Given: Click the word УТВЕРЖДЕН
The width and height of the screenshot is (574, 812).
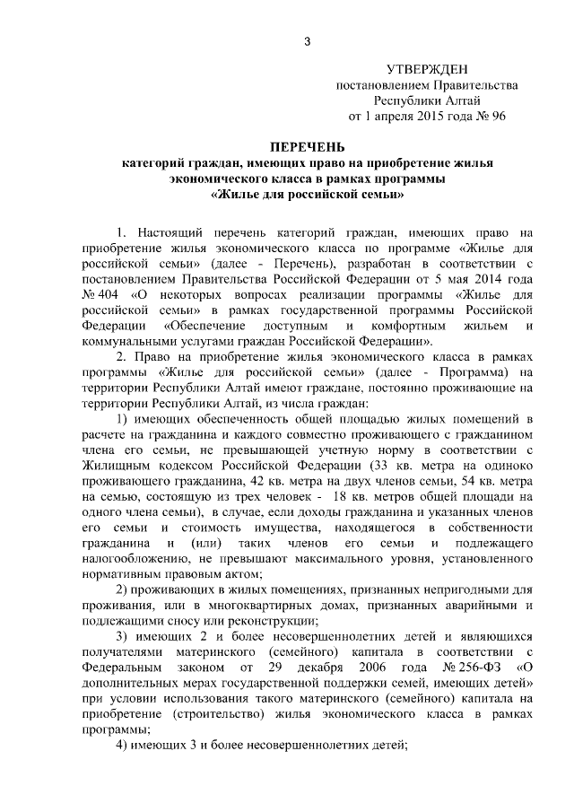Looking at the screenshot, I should click(x=427, y=70).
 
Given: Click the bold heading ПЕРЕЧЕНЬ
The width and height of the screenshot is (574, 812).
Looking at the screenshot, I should click(x=307, y=147).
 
